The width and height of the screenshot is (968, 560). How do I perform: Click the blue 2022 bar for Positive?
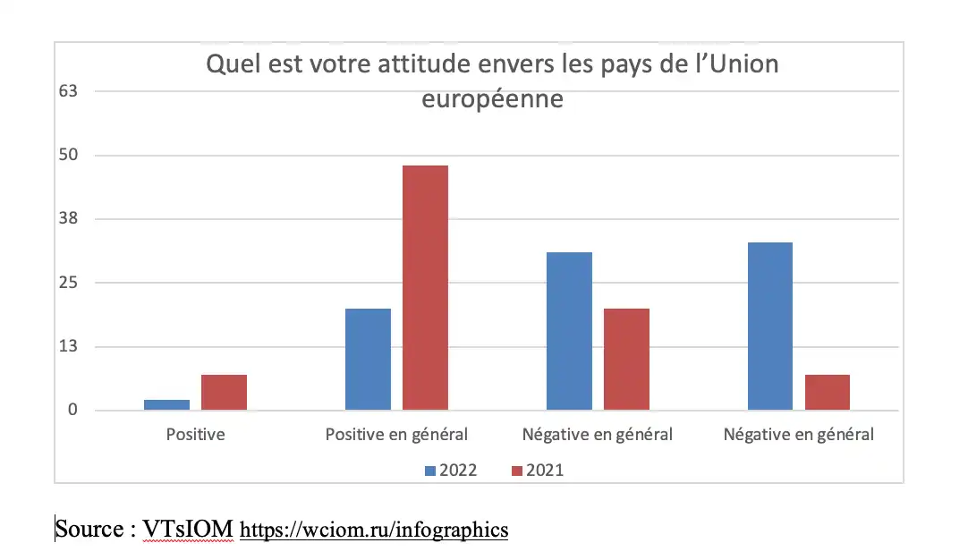click(x=166, y=405)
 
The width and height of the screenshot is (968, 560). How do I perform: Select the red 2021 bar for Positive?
click(x=224, y=393)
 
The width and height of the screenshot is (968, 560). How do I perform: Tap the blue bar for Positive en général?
click(x=368, y=360)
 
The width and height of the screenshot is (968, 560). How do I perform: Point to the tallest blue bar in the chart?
click(x=769, y=327)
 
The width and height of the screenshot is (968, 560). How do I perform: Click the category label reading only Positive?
click(x=195, y=436)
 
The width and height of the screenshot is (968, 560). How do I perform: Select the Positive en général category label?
click(x=396, y=436)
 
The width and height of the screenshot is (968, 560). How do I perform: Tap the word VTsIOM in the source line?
click(x=188, y=530)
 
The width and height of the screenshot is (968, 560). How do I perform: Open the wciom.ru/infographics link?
click(x=374, y=530)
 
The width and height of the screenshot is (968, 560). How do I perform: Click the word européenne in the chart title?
click(x=492, y=98)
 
